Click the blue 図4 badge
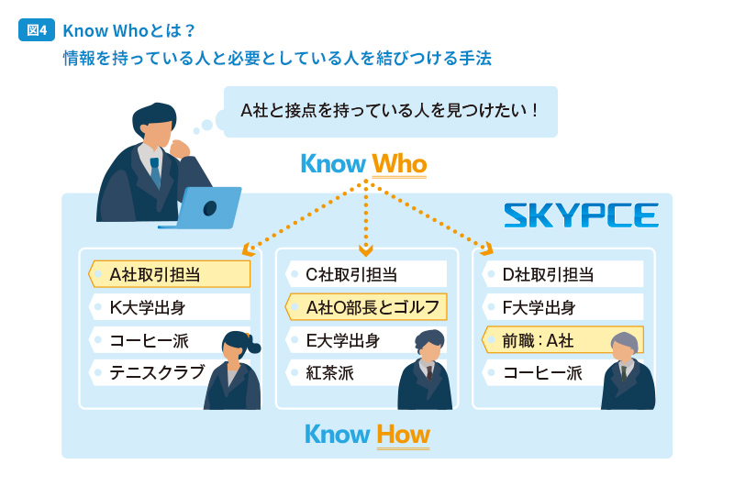tap(37, 30)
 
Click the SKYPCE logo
tap(581, 215)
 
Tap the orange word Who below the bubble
tap(399, 164)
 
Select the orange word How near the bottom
tap(403, 435)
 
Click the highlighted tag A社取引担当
tap(170, 274)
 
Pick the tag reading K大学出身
tap(170, 307)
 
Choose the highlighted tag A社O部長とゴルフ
tap(366, 307)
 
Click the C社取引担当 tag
tap(366, 274)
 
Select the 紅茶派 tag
tap(347, 373)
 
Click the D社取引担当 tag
tap(562, 274)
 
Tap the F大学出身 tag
tap(562, 307)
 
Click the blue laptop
tap(201, 208)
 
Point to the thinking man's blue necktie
tap(155, 171)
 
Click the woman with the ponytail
tap(233, 370)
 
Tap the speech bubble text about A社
tap(389, 111)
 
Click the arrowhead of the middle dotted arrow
tap(365, 250)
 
